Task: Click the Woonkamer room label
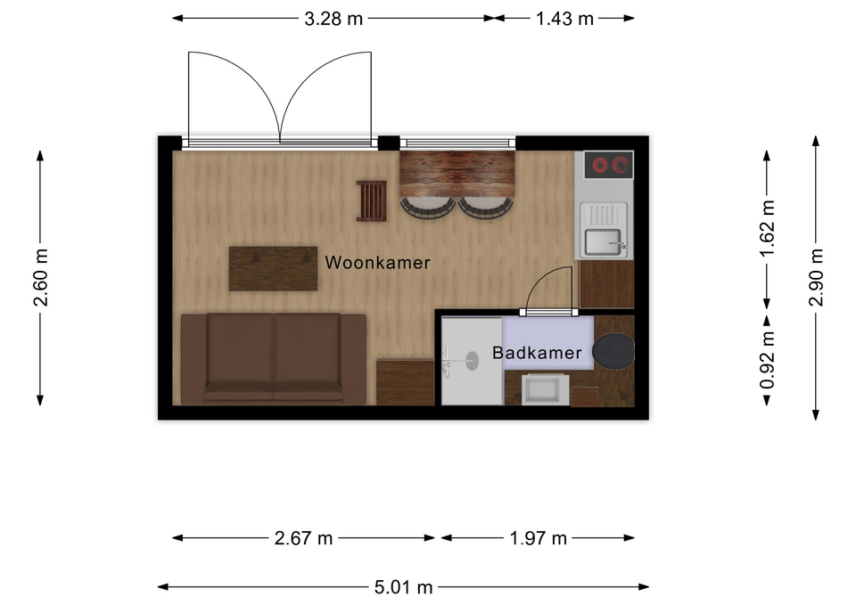coord(378,262)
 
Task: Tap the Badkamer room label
coord(537,353)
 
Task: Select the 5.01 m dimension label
coord(403,587)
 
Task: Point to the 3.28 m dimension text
coord(333,19)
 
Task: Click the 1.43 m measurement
coord(564,19)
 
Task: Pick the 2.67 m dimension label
coord(303,538)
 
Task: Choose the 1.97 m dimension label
coord(539,538)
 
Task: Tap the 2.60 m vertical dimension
coord(40,277)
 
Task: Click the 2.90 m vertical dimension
coord(816,277)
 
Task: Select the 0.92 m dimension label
coord(768,361)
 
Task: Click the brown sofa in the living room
coord(274,359)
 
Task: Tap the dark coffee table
coord(273,268)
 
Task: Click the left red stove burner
coord(600,164)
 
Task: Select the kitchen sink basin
coord(603,242)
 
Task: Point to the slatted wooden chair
coord(371,200)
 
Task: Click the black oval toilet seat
coord(613,351)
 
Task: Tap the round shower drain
coord(472,361)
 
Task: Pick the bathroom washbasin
coord(541,389)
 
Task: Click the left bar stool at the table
coord(428,208)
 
